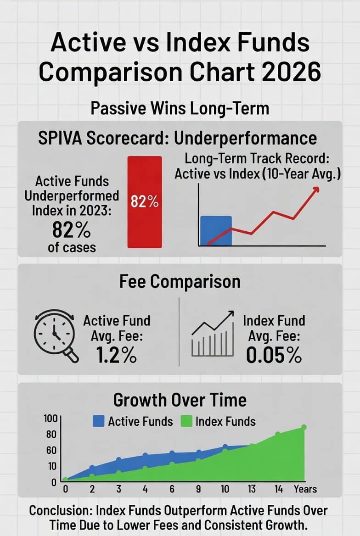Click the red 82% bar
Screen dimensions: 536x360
144,202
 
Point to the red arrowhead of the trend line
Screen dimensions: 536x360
316,190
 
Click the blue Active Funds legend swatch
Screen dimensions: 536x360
98,421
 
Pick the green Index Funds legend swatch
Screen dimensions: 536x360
186,421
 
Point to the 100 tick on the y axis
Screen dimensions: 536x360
50,419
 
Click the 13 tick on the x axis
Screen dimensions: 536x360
252,489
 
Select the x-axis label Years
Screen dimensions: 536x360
305,489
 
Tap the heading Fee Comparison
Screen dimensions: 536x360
180,281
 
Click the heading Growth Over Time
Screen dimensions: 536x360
180,400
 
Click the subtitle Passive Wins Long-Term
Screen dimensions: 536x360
180,109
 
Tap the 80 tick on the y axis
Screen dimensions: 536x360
51,434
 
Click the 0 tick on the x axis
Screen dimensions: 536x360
65,489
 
